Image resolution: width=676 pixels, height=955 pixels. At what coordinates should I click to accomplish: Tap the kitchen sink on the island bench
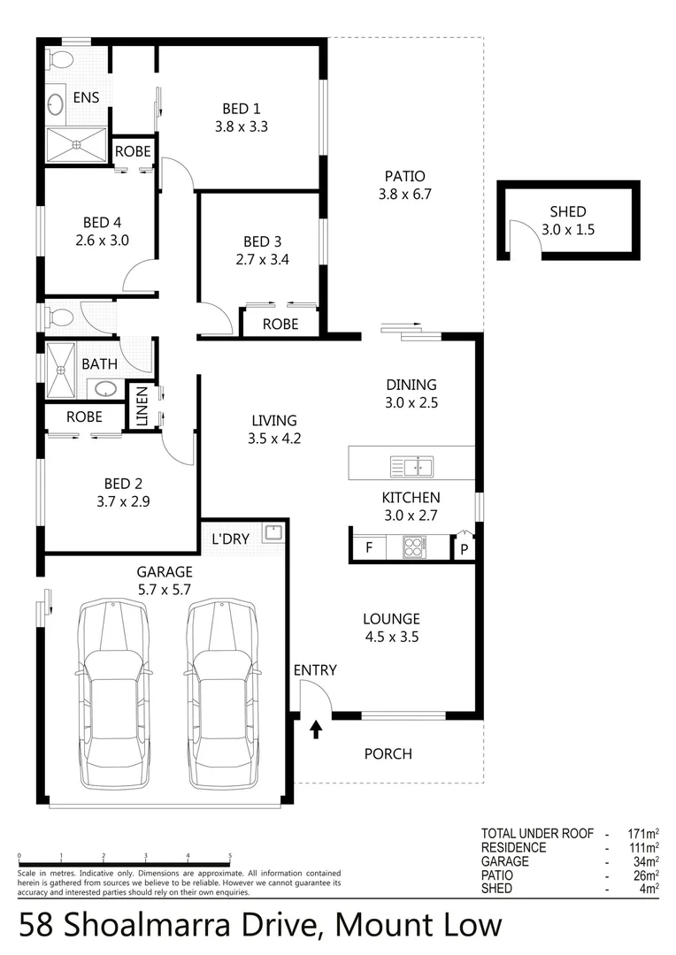pyautogui.click(x=411, y=465)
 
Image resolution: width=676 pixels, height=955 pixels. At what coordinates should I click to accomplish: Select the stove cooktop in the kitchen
pyautogui.click(x=414, y=546)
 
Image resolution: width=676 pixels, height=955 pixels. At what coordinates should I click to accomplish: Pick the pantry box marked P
pyautogui.click(x=464, y=549)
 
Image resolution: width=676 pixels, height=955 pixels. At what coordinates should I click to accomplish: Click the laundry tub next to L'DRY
pyautogui.click(x=273, y=532)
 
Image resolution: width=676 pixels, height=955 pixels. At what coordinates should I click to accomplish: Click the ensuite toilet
pyautogui.click(x=60, y=61)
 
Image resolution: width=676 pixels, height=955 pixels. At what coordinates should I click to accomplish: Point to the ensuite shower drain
pyautogui.click(x=76, y=144)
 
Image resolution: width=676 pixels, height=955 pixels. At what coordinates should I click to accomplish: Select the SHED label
pyautogui.click(x=567, y=212)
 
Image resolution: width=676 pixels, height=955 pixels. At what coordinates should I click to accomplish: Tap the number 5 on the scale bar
pyautogui.click(x=230, y=856)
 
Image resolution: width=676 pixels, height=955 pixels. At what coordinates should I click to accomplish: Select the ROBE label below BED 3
pyautogui.click(x=280, y=325)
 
